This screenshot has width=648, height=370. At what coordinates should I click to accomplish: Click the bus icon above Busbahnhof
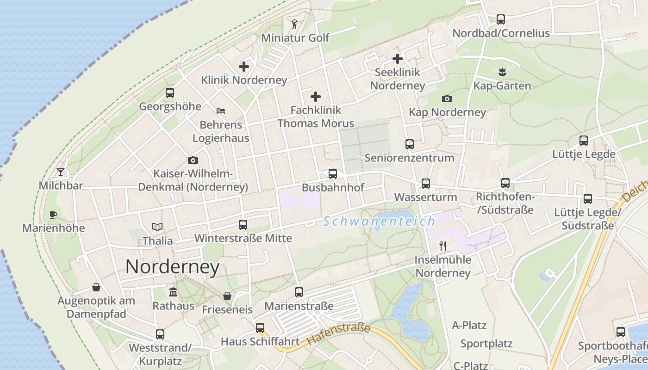click(x=333, y=174)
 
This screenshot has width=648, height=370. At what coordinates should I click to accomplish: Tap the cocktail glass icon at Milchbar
click(x=61, y=172)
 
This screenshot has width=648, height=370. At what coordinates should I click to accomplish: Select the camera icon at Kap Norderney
click(x=447, y=99)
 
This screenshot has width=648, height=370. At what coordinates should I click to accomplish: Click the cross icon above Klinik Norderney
click(x=244, y=67)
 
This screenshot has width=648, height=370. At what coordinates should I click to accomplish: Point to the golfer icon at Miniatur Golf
click(x=295, y=24)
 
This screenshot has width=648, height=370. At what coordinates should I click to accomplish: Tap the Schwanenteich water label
click(x=379, y=221)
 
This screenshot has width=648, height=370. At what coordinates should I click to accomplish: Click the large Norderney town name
click(x=172, y=267)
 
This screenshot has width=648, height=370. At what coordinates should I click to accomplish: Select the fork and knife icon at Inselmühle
click(x=443, y=246)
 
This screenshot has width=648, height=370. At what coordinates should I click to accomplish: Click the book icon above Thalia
click(x=158, y=227)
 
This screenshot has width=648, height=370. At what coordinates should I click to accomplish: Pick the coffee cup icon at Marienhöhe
click(x=53, y=215)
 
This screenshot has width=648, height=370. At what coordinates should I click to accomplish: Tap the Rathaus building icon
click(x=173, y=292)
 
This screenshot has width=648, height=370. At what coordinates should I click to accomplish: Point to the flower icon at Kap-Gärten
click(x=502, y=72)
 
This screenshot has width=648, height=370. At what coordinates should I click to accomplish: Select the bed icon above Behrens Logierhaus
click(x=221, y=111)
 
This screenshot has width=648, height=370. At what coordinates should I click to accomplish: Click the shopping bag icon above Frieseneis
click(x=227, y=296)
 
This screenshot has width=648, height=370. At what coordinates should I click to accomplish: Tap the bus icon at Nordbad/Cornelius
click(x=501, y=19)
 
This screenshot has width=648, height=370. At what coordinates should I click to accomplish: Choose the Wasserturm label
click(x=425, y=197)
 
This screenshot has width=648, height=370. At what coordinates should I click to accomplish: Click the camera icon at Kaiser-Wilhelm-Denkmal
click(x=193, y=160)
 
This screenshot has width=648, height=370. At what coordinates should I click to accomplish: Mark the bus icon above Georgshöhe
click(x=170, y=92)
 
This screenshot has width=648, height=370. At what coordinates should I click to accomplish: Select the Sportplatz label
click(x=486, y=344)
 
